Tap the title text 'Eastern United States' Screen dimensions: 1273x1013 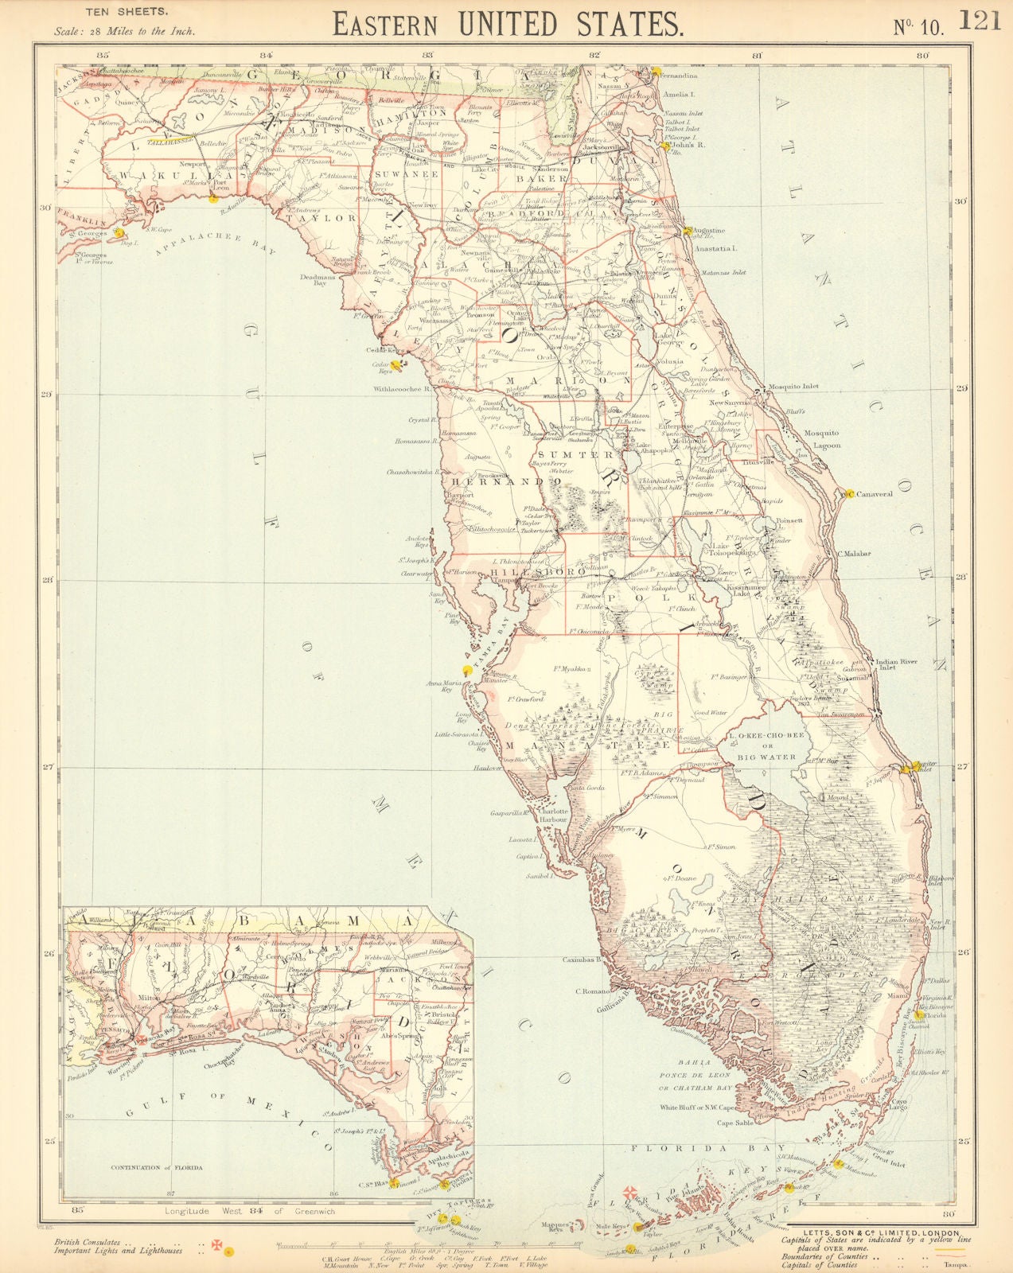pyautogui.click(x=508, y=24)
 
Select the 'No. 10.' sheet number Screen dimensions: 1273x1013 pyautogui.click(x=918, y=28)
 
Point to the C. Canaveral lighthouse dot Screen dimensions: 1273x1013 pyautogui.click(x=849, y=493)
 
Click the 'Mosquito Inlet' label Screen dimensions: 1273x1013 pyautogui.click(x=792, y=387)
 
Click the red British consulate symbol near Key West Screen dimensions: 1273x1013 pyautogui.click(x=629, y=1191)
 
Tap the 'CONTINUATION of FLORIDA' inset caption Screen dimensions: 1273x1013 pyautogui.click(x=156, y=1168)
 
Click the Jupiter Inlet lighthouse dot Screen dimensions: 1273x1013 pyautogui.click(x=906, y=769)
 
